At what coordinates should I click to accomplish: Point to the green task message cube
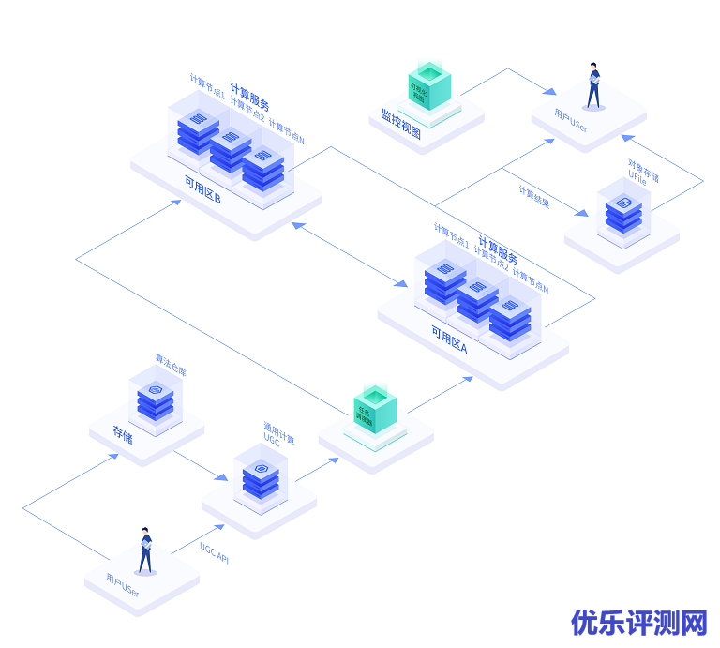(375, 410)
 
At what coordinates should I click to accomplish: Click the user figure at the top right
(593, 86)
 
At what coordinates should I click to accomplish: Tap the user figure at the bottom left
(145, 550)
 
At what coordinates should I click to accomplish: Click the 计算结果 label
(534, 197)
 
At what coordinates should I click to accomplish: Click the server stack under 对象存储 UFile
(623, 214)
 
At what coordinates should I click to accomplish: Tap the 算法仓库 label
(171, 364)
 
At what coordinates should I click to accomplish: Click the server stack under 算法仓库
(156, 400)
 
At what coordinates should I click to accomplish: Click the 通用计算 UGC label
(277, 433)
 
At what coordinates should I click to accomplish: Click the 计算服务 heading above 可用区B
(249, 97)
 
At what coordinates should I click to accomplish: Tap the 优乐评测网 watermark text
(639, 622)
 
